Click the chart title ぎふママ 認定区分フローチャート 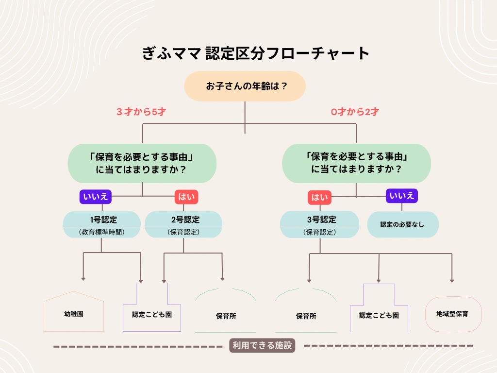point(256,53)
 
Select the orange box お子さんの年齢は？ point(244,87)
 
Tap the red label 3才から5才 point(141,112)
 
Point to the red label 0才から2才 point(355,112)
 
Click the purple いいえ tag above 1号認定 point(96,197)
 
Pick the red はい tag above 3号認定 point(319,198)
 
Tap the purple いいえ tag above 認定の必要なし point(401,196)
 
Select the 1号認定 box point(101,225)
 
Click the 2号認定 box point(183,225)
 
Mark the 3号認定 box point(319,225)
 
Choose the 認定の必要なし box point(402,225)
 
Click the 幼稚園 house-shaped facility point(74,314)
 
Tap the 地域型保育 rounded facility point(452,314)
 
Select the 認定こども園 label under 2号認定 point(152,315)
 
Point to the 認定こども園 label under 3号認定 point(379,315)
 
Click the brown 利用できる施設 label point(262,346)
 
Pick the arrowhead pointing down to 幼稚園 point(83,279)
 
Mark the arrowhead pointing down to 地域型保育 point(452,280)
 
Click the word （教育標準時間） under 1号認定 point(101,232)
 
